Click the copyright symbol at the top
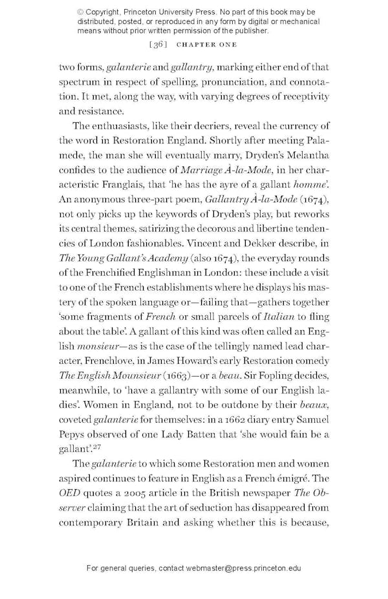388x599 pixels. click(x=80, y=12)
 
